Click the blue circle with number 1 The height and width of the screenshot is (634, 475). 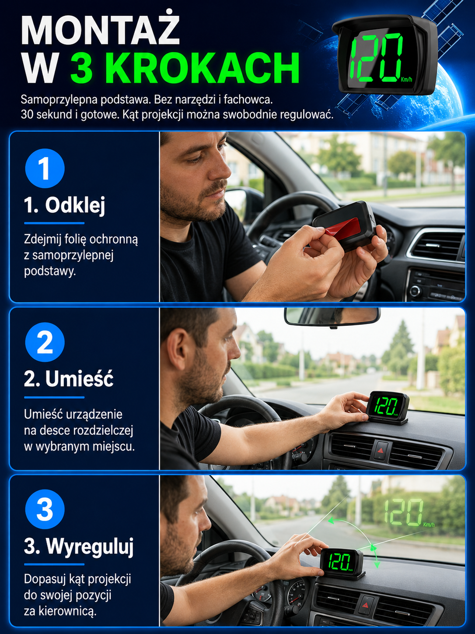[45, 169]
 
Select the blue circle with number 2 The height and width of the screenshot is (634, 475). [45, 342]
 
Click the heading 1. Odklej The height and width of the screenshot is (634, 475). [64, 205]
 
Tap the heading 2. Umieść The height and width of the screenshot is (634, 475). [69, 379]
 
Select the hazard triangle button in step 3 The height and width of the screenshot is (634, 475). [365, 605]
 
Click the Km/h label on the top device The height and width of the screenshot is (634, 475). [406, 79]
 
